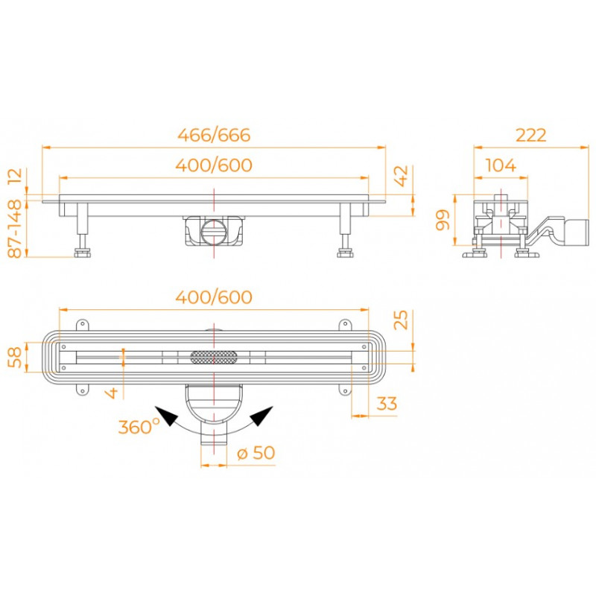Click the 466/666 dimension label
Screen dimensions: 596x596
point(214,135)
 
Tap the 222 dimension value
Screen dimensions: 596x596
point(530,135)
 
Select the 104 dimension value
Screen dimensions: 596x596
point(501,165)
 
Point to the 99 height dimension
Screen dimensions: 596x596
point(443,220)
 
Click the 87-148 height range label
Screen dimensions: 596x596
point(15,229)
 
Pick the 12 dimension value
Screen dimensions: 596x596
point(15,177)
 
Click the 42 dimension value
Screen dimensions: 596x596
point(402,176)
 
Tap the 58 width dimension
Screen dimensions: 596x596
point(15,357)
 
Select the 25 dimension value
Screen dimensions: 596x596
point(401,320)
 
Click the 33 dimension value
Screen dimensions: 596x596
point(387,403)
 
